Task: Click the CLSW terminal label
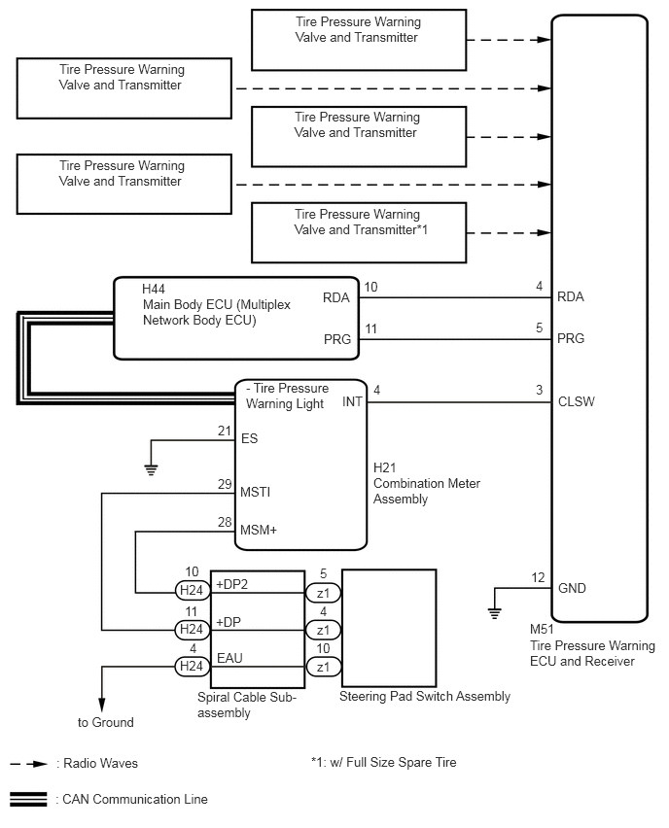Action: (576, 402)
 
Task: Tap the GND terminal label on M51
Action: (572, 588)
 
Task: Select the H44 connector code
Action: (154, 289)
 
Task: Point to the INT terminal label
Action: (352, 402)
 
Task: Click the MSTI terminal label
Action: (255, 492)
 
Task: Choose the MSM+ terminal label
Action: (259, 531)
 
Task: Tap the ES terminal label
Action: (250, 438)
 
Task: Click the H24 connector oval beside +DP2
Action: (193, 590)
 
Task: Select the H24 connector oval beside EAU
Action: (193, 667)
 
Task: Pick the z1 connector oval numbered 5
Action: (323, 593)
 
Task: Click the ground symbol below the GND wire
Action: (495, 613)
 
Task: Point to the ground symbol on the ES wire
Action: (151, 469)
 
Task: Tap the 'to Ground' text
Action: (106, 722)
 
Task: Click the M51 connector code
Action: (542, 630)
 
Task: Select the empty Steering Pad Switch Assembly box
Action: (389, 628)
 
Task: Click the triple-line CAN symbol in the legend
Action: (28, 800)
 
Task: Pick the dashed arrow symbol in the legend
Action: (28, 764)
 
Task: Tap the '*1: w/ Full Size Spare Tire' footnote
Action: (384, 762)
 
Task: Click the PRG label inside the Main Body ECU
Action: (337, 339)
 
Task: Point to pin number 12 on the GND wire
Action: (538, 577)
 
